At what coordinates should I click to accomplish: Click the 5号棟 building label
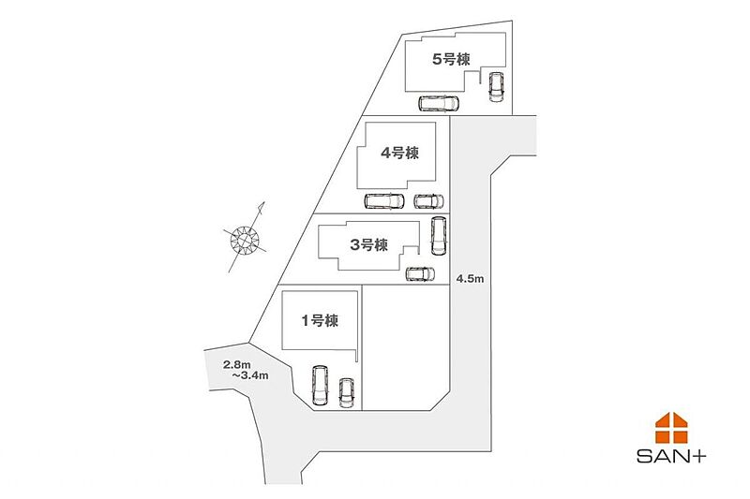449,58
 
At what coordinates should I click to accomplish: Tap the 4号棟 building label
398,154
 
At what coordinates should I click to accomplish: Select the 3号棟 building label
368,245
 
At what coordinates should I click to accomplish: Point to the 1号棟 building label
319,320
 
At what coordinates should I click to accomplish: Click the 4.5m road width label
470,279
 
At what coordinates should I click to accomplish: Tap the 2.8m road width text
236,363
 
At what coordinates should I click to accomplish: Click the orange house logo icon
671,427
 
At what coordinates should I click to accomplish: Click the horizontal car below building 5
439,103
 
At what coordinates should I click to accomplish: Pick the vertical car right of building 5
496,86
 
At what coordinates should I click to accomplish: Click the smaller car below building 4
428,200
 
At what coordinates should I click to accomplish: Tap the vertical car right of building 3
438,236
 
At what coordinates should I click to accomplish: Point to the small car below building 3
420,273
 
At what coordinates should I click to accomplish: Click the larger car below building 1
319,385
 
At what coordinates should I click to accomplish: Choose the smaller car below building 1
347,392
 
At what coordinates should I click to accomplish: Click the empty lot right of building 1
405,346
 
